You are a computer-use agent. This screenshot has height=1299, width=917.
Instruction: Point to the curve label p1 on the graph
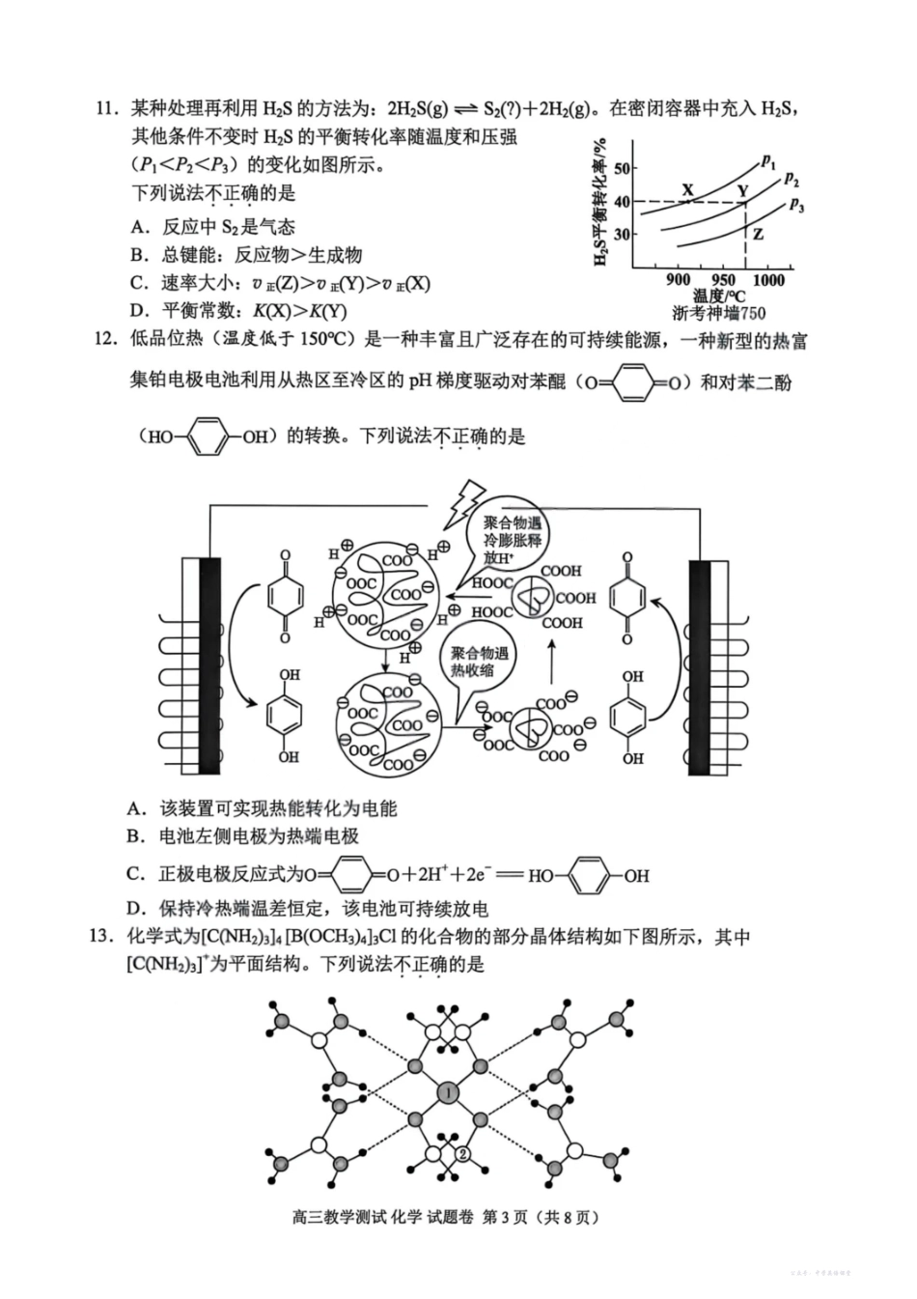coord(768,160)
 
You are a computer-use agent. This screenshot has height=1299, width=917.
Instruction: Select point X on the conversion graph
coord(687,190)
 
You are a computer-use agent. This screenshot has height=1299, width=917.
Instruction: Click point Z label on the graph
coord(758,234)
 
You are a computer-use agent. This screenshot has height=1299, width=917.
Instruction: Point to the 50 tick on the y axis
coord(621,169)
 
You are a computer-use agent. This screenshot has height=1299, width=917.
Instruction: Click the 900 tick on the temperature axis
coord(679,280)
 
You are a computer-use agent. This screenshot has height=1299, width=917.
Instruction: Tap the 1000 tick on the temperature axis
coord(768,280)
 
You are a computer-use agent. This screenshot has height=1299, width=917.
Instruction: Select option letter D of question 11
coord(140,311)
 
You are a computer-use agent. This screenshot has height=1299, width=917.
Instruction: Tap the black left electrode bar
coord(208,665)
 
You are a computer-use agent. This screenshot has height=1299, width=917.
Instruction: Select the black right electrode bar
coord(700,665)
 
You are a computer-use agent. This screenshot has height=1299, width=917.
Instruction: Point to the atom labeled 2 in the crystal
coord(462,1153)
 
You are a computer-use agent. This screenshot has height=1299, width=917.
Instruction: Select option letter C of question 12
coord(136,875)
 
